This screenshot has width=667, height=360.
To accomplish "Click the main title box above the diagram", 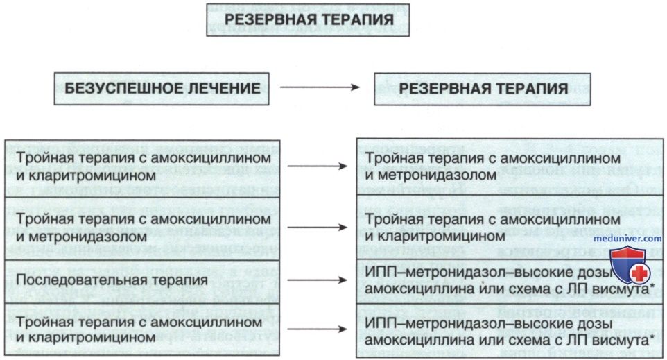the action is pyautogui.click(x=308, y=19).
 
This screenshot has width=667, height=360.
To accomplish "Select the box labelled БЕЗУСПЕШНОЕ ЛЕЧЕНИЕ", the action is pyautogui.click(x=162, y=89).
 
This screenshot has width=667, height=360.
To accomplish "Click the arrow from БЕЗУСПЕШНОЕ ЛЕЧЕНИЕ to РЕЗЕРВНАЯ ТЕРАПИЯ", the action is pyautogui.click(x=320, y=87).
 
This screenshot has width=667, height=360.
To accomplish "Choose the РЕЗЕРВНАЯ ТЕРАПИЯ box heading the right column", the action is pyautogui.click(x=483, y=89).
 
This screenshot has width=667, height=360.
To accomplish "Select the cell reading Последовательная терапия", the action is pyautogui.click(x=142, y=282).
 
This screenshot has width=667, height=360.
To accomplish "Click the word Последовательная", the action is pyautogui.click(x=78, y=280).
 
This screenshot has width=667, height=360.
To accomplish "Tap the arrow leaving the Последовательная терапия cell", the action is pyautogui.click(x=318, y=280).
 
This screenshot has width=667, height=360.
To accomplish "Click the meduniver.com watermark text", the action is pyautogui.click(x=627, y=239).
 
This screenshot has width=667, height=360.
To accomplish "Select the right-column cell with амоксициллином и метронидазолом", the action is pyautogui.click(x=510, y=166).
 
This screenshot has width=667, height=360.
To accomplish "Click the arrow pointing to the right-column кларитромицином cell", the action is pyautogui.click(x=318, y=228).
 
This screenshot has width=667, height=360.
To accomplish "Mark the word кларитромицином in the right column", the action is pyautogui.click(x=442, y=236).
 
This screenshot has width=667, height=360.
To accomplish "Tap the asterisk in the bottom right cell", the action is pyautogui.click(x=652, y=338).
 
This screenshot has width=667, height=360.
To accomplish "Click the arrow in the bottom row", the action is pyautogui.click(x=318, y=329).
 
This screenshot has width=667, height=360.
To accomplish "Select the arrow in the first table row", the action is pyautogui.click(x=318, y=166).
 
